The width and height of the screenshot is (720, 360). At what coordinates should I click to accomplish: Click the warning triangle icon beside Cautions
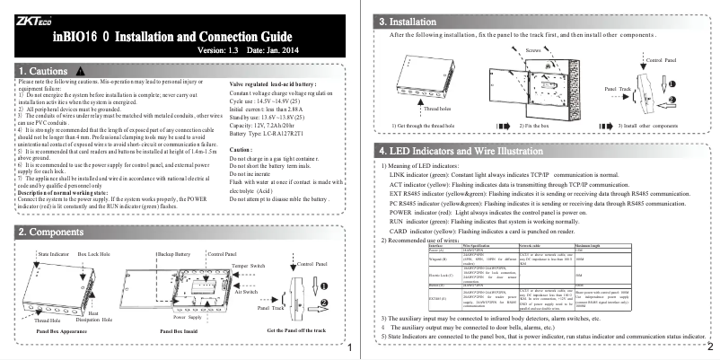click(x=80, y=70)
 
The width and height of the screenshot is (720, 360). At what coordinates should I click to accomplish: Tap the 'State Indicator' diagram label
click(x=55, y=256)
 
